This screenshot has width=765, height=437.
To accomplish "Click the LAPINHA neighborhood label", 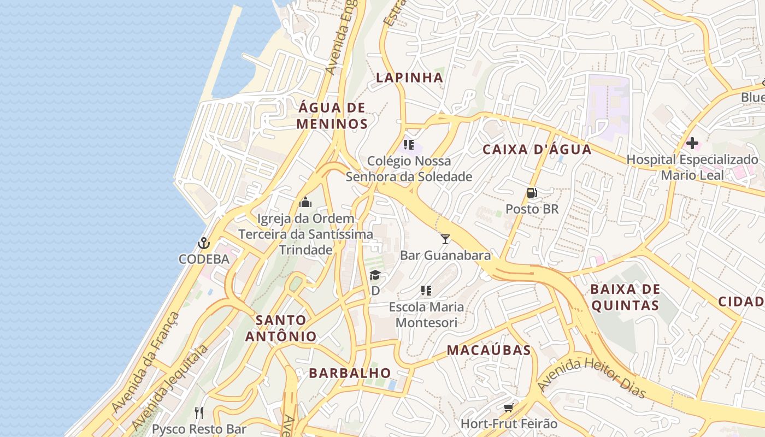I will tap(409, 78).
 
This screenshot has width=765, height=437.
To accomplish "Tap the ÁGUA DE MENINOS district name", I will tap(332, 116).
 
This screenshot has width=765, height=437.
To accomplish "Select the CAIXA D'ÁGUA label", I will tap(537, 150).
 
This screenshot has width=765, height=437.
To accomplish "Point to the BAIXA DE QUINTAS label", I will tap(626, 297).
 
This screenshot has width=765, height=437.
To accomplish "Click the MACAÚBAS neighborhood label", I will tap(489, 350).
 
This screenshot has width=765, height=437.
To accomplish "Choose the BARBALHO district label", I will tap(350, 373).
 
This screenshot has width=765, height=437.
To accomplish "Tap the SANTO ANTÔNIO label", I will tap(281, 328).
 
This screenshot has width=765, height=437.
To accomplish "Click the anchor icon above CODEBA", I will tap(204, 243).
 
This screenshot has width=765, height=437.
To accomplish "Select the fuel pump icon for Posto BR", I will tap(532, 193).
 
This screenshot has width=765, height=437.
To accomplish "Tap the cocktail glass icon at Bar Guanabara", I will tap(445, 239).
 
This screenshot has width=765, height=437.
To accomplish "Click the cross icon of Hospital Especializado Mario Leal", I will tap(692, 144).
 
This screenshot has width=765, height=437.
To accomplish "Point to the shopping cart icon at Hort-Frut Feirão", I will tap(509, 408).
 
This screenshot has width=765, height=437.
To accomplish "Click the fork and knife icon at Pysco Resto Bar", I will tap(199, 413).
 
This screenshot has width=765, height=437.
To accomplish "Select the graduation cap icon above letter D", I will tap(375, 275).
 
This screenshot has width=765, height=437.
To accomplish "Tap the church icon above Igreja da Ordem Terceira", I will tap(305, 203).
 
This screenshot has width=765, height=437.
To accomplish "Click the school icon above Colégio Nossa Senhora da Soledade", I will tap(409, 145).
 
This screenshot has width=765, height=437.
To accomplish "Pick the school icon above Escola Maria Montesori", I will tap(426, 291).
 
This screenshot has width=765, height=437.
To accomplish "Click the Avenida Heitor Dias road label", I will tap(592, 377).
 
